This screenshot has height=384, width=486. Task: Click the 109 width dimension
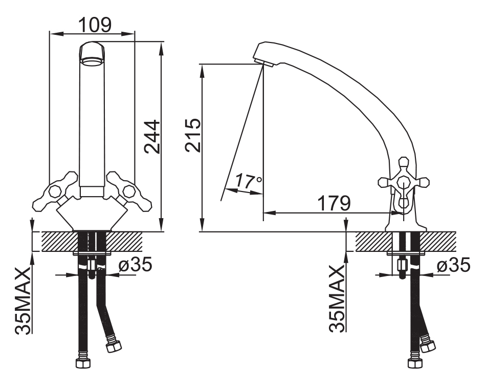(x=95, y=25)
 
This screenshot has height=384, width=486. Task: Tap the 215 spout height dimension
(x=193, y=135)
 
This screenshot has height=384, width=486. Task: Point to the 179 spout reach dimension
(x=334, y=203)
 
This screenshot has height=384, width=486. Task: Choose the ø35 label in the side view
(x=454, y=265)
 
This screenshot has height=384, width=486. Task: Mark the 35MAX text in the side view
(x=337, y=298)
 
